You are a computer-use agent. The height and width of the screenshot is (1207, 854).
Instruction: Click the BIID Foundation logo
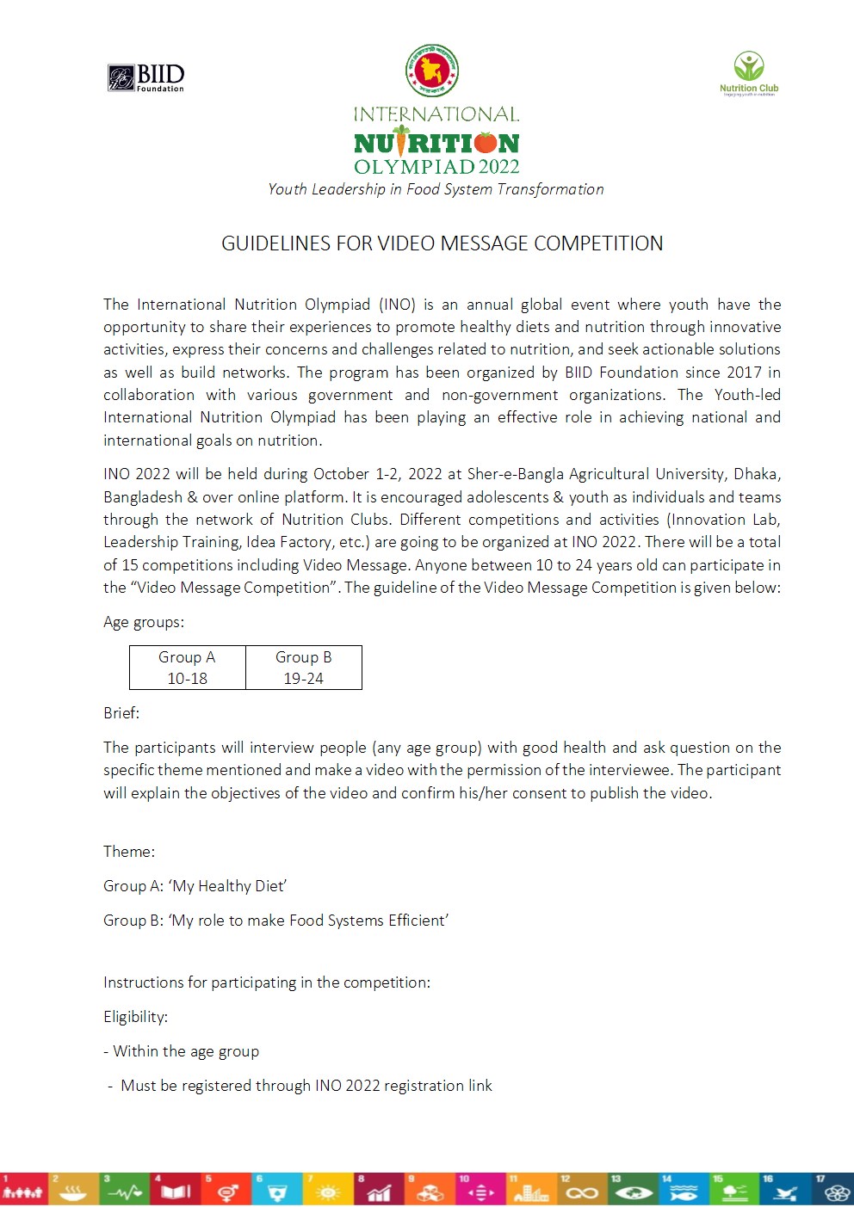[146, 77]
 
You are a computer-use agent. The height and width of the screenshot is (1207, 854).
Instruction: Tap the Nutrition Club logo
[749, 73]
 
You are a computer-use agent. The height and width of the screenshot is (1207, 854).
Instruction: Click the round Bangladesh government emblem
[432, 71]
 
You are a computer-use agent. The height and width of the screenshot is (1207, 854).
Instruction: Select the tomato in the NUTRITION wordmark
[486, 142]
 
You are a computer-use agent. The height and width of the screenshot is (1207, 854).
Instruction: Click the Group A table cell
[187, 657]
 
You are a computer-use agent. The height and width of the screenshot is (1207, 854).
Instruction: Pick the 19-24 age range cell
[304, 679]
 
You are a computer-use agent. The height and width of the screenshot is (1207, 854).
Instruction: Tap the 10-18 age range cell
[187, 679]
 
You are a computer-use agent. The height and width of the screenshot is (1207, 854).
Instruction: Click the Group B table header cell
[304, 657]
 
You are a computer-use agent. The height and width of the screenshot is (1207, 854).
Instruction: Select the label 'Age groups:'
[144, 622]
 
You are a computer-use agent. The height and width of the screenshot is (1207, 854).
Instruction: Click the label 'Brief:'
[121, 713]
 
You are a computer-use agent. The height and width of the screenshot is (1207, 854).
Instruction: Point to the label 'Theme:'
[129, 852]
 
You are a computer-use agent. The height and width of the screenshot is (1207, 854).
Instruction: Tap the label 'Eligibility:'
[135, 1017]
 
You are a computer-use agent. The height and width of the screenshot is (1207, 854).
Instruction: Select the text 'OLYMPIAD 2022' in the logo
[436, 167]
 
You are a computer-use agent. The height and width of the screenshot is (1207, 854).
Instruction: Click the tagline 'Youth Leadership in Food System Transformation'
[436, 189]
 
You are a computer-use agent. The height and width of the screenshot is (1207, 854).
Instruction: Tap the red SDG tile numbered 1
[23, 1189]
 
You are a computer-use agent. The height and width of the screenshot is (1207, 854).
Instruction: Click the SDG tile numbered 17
[832, 1189]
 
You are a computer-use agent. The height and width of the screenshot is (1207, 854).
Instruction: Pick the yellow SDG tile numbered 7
[327, 1189]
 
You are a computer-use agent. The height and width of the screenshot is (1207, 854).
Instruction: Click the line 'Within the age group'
[186, 1051]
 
